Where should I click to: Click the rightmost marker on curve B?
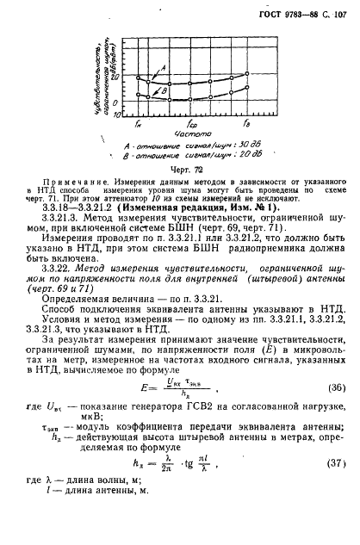[x=247, y=87]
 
